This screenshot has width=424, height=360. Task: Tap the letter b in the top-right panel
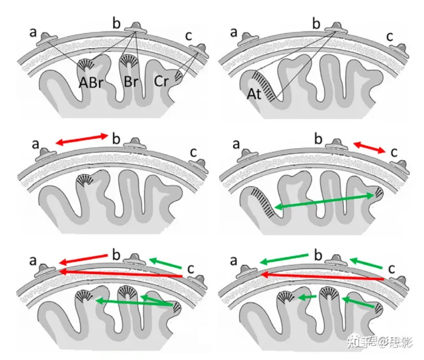point(317,24)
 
